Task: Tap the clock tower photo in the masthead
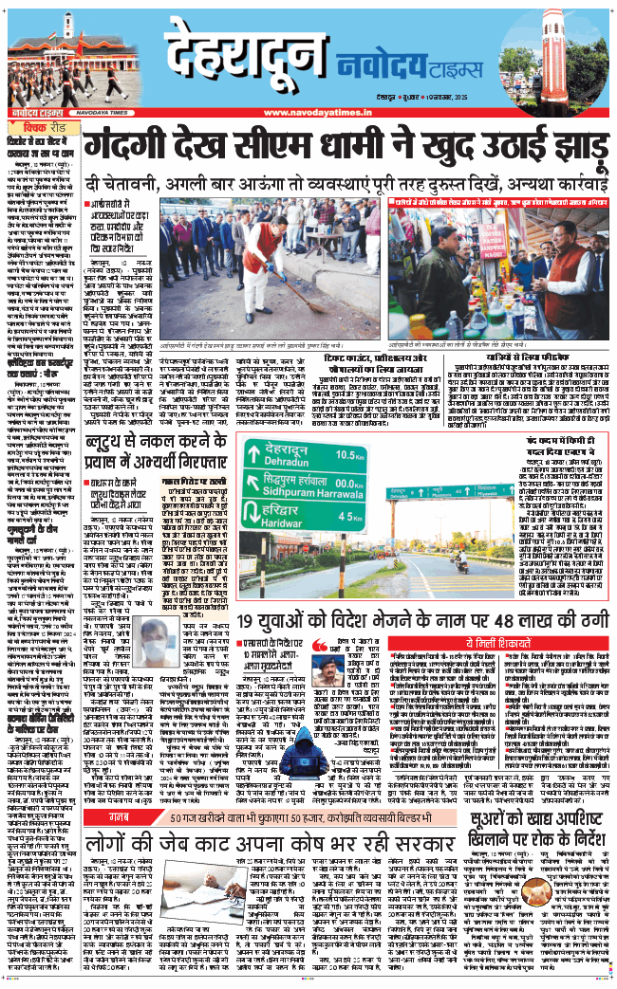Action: click(566, 60)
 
